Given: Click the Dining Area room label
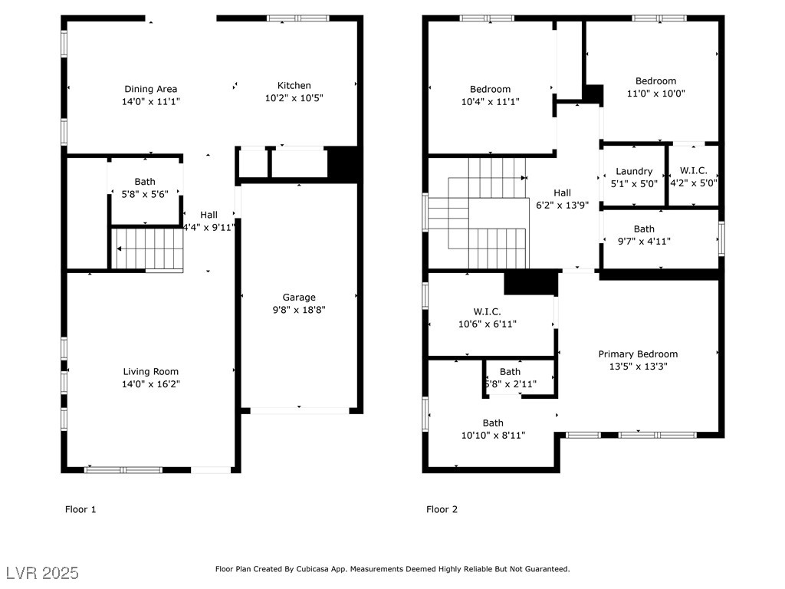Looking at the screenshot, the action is point(151,89).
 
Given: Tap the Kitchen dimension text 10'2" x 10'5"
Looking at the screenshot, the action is point(294,98).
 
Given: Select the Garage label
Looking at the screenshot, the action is point(299,298).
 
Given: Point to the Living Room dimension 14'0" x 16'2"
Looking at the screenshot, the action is point(151,384).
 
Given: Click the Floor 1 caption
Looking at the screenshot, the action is point(80,509).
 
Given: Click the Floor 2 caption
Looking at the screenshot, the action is point(442,509).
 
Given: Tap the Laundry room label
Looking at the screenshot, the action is point(634,172).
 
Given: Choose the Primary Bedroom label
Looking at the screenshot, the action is point(638,354).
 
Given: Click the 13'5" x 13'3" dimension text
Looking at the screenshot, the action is point(638,367).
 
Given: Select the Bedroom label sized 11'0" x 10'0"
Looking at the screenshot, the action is point(656,81).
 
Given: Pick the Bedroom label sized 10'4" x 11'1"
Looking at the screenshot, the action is point(490,89).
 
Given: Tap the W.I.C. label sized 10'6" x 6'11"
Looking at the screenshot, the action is point(487,311).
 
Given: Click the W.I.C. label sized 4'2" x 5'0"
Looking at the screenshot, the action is point(693,171).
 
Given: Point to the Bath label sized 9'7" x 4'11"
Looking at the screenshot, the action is point(644,229).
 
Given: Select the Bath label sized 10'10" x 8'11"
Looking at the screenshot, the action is point(493,423).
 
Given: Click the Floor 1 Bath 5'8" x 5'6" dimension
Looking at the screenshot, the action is point(145,194).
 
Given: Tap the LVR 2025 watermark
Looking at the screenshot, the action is point(43,573).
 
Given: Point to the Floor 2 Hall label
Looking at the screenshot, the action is point(562,192).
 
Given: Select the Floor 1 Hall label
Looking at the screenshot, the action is point(209,215).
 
